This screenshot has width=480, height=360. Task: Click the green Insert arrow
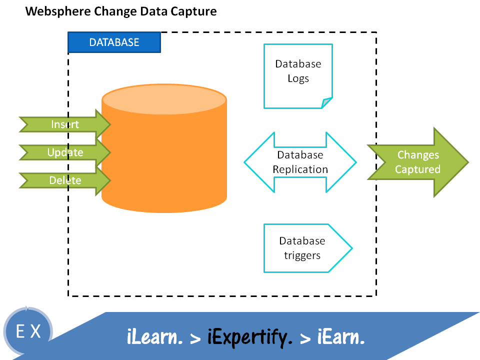click(x=65, y=123)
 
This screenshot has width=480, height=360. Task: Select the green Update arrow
click(x=65, y=152)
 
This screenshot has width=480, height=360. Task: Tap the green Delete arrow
click(x=65, y=180)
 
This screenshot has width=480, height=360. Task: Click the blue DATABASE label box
click(x=114, y=42)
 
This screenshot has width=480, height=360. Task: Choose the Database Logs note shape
click(x=298, y=75)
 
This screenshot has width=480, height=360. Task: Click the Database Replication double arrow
click(x=300, y=162)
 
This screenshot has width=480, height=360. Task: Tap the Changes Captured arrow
click(x=418, y=162)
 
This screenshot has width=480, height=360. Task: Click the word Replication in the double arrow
click(x=300, y=169)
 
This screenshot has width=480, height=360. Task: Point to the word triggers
click(x=302, y=255)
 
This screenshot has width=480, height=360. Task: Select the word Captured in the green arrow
click(x=417, y=169)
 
